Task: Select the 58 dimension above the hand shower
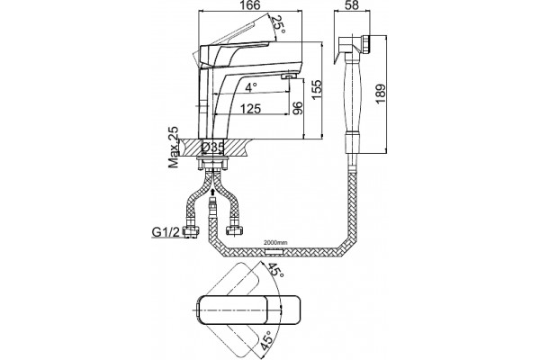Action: click(x=351, y=5)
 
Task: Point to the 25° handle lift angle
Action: click(x=277, y=25)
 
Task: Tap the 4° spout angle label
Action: click(x=251, y=87)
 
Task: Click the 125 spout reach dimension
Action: click(x=250, y=109)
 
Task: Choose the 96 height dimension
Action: click(x=297, y=108)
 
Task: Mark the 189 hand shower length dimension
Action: click(x=380, y=94)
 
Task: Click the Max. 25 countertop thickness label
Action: click(x=174, y=147)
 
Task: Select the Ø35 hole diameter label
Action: click(x=213, y=148)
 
